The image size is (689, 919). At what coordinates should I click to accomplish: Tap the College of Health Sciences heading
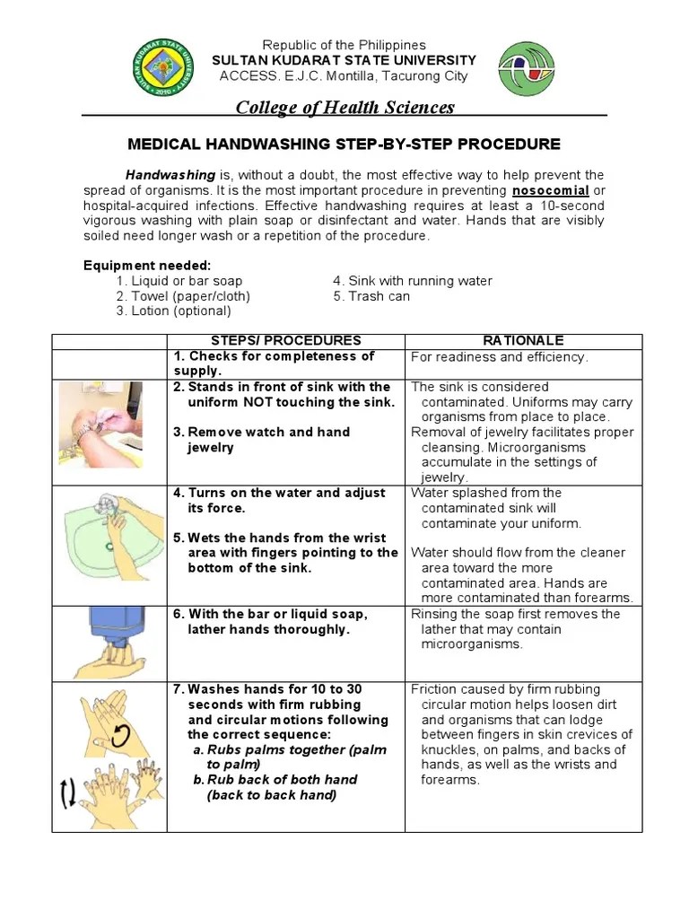344,108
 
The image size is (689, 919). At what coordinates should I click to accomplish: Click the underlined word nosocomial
550,191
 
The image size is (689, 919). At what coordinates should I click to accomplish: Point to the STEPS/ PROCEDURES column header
285,341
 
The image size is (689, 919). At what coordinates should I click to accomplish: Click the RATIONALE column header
523,341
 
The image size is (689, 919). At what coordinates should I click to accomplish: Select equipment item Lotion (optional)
173,311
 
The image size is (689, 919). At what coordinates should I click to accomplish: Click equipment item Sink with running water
412,281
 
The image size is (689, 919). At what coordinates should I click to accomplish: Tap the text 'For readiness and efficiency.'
500,357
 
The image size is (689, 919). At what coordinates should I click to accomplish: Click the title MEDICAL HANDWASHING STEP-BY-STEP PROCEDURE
344,144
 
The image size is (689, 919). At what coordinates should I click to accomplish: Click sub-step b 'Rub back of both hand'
275,780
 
